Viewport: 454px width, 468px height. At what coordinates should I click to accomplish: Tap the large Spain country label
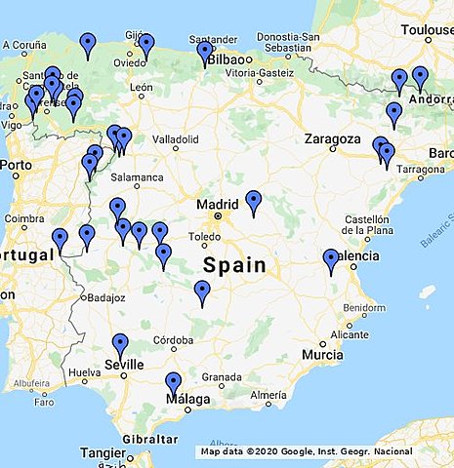[234, 264]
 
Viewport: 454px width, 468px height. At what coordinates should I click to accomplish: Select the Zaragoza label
[333, 138]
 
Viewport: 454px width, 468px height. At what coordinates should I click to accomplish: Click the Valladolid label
[175, 138]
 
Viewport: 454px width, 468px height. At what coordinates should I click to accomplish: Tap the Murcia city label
[322, 355]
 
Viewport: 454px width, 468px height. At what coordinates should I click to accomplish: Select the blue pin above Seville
[120, 344]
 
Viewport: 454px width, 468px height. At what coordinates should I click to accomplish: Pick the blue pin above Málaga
[174, 383]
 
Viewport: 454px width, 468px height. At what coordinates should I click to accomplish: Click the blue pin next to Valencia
[331, 259]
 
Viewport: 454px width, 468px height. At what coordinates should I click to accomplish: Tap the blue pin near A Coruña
[88, 43]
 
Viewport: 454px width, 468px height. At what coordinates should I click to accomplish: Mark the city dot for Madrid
[220, 215]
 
